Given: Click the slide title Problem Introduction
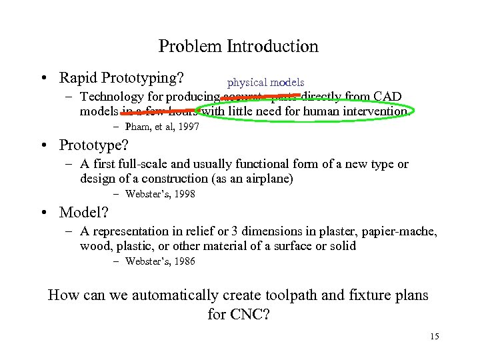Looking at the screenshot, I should pyautogui.click(x=239, y=47).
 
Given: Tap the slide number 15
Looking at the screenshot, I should pyautogui.click(x=434, y=337).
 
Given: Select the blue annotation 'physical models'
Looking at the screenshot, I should pyautogui.click(x=265, y=83).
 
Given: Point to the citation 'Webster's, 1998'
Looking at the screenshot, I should pyautogui.click(x=160, y=194).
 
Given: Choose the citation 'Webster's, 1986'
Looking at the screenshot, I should pyautogui.click(x=160, y=261).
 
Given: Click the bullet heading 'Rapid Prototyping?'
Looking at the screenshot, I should pyautogui.click(x=121, y=78).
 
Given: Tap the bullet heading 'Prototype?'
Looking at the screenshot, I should pyautogui.click(x=93, y=145).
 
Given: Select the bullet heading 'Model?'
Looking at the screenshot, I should pyautogui.click(x=84, y=212).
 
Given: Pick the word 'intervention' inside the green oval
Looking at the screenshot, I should pyautogui.click(x=373, y=111).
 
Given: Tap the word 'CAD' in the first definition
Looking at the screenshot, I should pyautogui.click(x=387, y=97).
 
